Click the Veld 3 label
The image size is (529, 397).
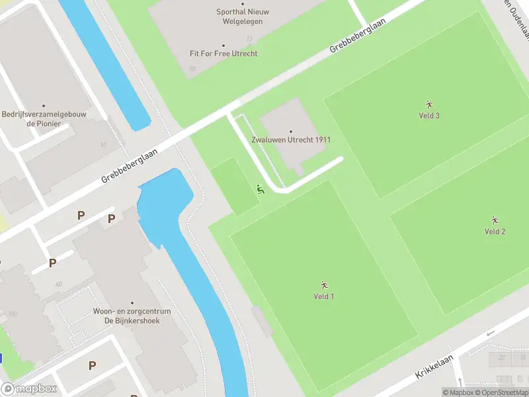(x=429, y=116)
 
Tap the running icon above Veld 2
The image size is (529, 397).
(x=495, y=220)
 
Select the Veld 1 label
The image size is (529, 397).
(x=323, y=296)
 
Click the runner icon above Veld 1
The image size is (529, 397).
(x=324, y=285)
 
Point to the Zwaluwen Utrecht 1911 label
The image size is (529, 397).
(x=291, y=140)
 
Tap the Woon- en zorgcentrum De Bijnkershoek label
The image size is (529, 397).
(x=132, y=316)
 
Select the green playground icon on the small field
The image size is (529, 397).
(x=260, y=190)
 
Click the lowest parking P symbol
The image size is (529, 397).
(x=92, y=365)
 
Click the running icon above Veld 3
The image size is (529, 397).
(x=429, y=105)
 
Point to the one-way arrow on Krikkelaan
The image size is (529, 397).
(x=490, y=333)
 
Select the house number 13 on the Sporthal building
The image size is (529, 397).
(x=249, y=39)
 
